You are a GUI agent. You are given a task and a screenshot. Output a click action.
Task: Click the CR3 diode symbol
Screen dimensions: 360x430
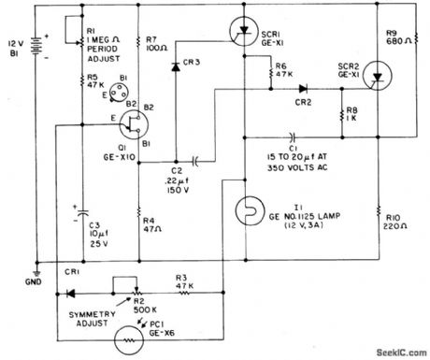point(175,66)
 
